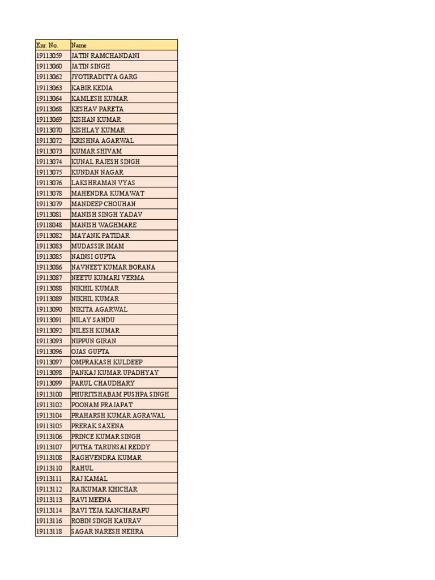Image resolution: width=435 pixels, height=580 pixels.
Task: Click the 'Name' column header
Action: click(79, 45)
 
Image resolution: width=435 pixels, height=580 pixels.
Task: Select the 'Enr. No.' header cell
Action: click(47, 45)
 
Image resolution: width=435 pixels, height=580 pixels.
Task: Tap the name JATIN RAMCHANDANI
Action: click(105, 56)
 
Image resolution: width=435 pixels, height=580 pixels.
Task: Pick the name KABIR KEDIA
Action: click(92, 88)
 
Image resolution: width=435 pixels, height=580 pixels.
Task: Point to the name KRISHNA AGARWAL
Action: click(103, 140)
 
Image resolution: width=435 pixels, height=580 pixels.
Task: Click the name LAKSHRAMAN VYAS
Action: click(103, 183)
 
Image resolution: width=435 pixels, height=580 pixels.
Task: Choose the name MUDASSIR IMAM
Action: click(97, 246)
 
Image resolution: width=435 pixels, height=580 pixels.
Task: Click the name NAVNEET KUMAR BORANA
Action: click(113, 267)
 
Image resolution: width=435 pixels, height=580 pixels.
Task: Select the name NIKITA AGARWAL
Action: click(99, 309)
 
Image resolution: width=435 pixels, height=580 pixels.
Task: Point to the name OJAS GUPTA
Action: click(90, 352)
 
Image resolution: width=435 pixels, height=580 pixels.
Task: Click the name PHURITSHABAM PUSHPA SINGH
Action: click(120, 394)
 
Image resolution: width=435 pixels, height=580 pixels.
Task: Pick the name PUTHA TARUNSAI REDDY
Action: click(110, 447)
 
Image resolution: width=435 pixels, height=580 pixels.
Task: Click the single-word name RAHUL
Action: click(82, 468)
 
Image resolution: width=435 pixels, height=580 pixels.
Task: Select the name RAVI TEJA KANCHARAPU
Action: click(110, 510)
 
